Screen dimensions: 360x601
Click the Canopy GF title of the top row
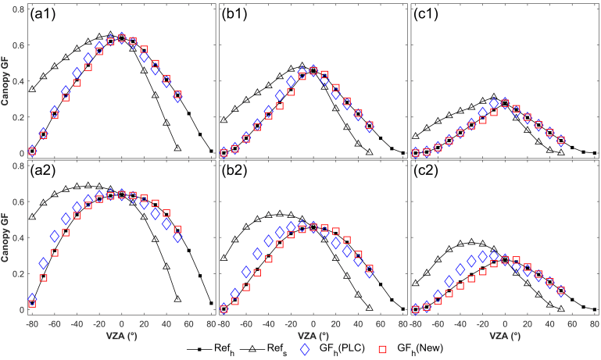(x=6, y=80)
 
